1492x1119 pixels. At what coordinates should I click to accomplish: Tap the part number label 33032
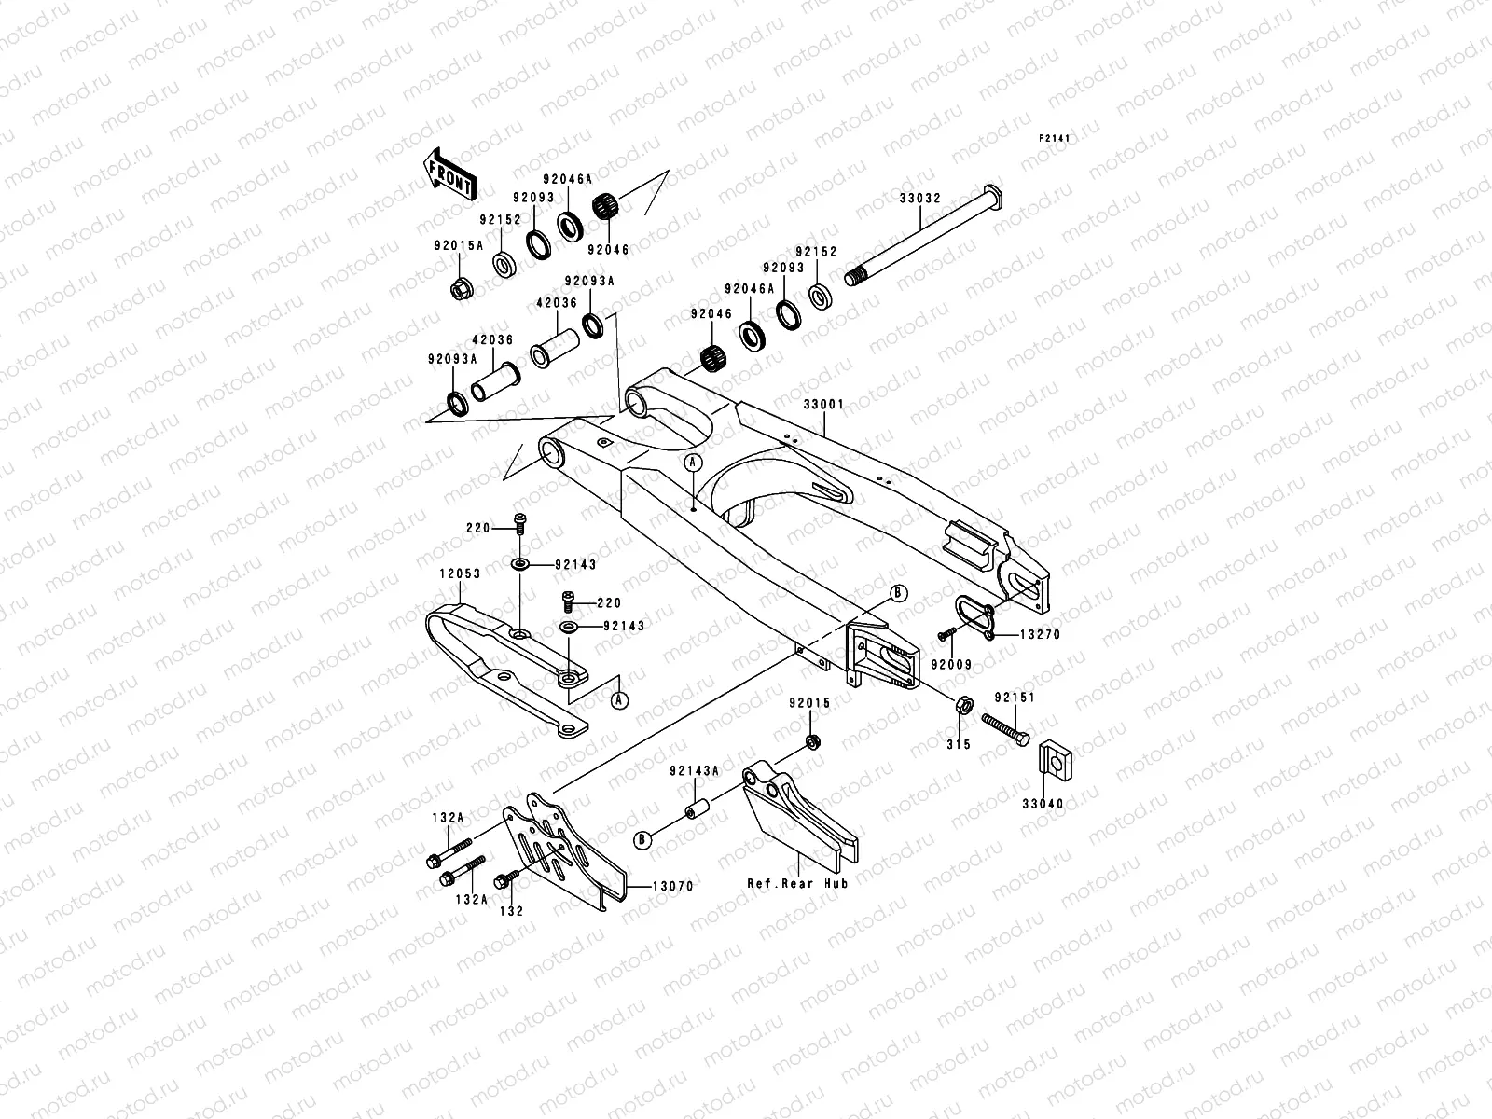[919, 198]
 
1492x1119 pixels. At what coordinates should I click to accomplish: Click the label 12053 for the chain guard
[461, 573]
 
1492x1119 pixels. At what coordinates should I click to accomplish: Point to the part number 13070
[672, 886]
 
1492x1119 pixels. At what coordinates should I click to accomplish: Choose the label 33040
[1042, 803]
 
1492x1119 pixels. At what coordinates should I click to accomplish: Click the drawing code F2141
[1055, 138]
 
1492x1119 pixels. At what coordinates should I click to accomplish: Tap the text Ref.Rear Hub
[797, 882]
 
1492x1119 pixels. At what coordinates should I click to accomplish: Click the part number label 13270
[1040, 634]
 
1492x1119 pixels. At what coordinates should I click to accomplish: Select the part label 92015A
[458, 246]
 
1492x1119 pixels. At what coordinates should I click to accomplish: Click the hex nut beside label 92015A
[460, 288]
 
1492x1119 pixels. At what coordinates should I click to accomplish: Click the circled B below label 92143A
[642, 838]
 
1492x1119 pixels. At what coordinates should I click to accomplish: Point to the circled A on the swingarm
[692, 462]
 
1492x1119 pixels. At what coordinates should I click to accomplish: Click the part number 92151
[1015, 697]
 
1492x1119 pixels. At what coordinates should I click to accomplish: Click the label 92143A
[694, 770]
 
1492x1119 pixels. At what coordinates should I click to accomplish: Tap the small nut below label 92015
[812, 742]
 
